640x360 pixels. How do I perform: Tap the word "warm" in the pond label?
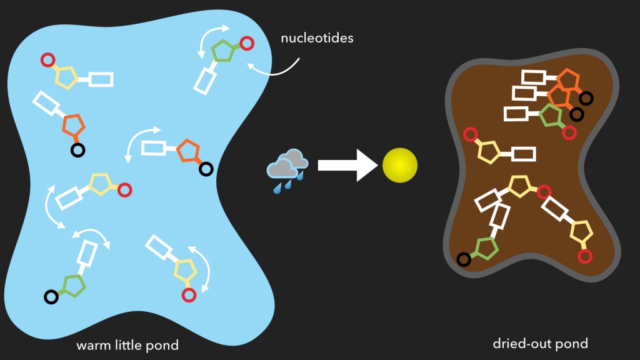(92, 345)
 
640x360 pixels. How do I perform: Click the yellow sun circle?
(400, 166)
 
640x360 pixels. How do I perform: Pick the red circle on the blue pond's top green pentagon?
(247, 43)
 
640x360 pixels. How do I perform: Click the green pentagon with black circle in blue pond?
(73, 284)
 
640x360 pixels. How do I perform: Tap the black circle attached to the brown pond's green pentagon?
(464, 259)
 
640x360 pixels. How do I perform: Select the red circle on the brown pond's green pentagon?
(569, 132)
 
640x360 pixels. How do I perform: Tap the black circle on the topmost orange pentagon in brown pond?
(586, 98)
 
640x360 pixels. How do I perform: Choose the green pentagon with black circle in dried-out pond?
(486, 248)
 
